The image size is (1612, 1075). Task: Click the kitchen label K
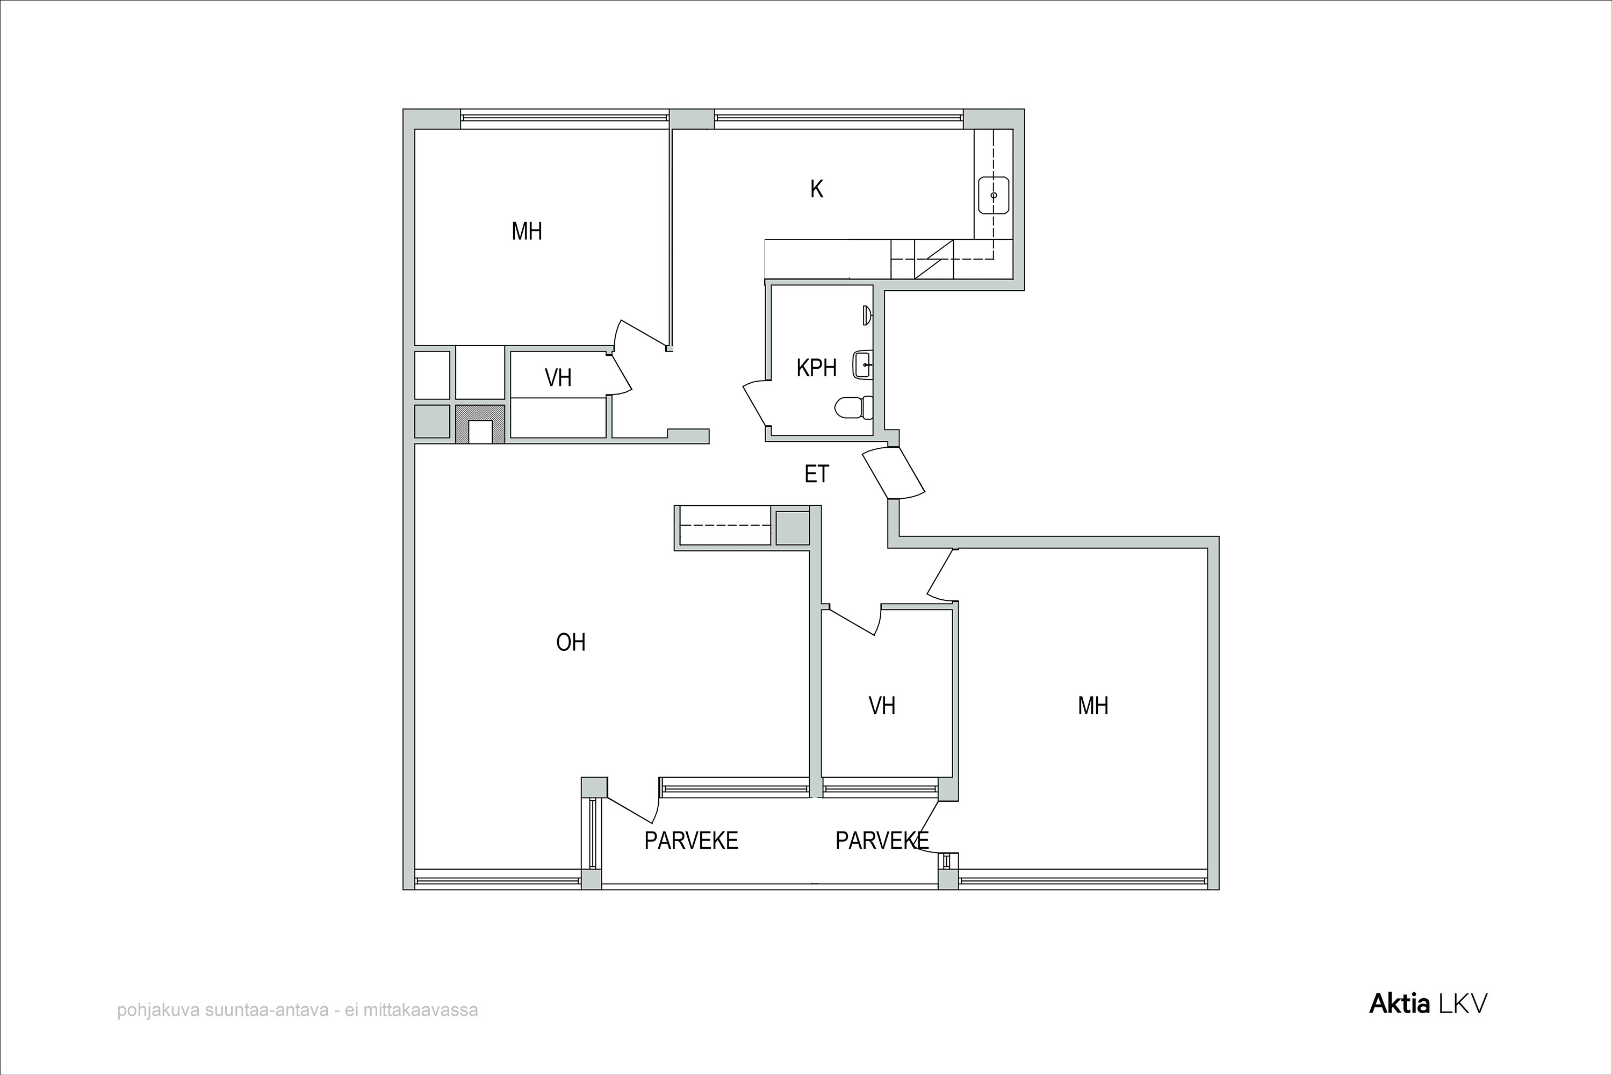tap(816, 189)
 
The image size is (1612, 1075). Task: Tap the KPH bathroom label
tap(816, 368)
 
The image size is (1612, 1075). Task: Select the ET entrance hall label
tap(816, 474)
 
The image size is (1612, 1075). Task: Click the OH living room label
tap(571, 642)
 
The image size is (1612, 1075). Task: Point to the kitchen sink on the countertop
tap(993, 196)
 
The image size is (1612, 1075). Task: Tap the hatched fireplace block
tap(480, 424)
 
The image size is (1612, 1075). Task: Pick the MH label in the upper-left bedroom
tap(527, 232)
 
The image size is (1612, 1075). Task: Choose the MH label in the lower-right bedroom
tap(1093, 705)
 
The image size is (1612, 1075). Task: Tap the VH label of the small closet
tap(558, 378)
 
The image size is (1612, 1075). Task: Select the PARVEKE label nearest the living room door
tap(691, 841)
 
